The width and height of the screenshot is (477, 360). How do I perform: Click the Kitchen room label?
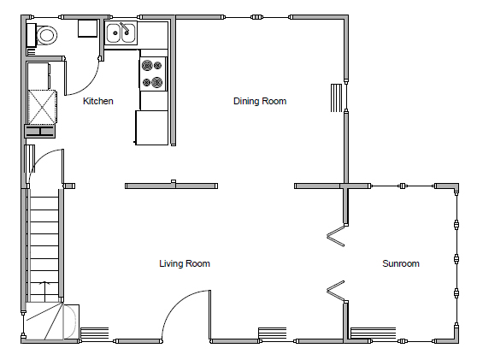pos(97,102)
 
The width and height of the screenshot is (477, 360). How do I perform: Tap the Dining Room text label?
pos(260,102)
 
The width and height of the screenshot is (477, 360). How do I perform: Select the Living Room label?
pos(185,264)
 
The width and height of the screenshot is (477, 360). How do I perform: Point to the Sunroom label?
pos(400,264)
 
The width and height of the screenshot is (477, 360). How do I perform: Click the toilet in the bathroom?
pos(44,36)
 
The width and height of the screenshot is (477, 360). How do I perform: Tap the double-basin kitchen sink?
pos(121,34)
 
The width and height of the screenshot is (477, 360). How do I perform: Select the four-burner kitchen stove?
pos(152,73)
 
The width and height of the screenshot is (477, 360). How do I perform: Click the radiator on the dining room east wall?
pos(337,97)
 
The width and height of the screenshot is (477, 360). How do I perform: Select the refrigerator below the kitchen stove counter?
pos(151,127)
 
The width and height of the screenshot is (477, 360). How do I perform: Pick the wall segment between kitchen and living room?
pos(170,186)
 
